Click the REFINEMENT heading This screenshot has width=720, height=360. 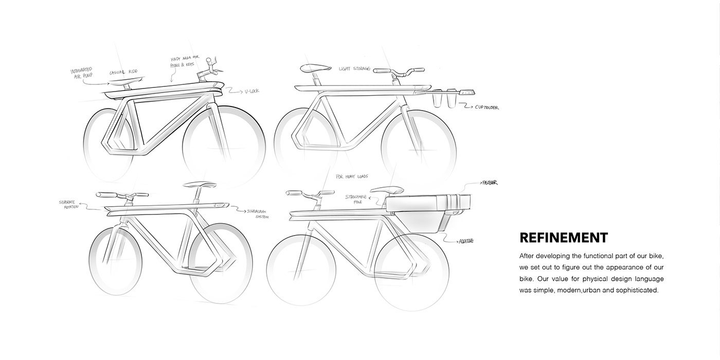point(564,238)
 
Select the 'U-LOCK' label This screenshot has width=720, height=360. point(252,91)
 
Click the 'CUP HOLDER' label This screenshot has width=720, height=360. point(487,107)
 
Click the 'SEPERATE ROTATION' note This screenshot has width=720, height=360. point(70,204)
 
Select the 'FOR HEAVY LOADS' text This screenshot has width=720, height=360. point(352,176)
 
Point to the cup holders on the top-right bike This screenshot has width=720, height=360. point(445,99)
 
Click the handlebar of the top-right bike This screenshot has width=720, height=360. point(399,70)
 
